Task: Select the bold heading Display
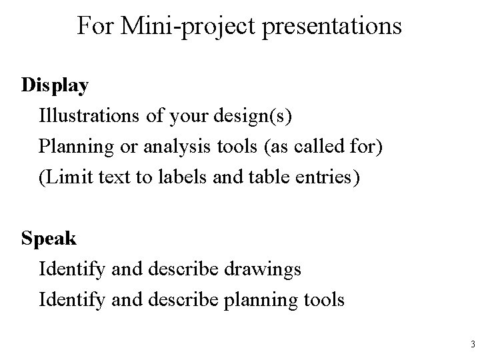[55, 86]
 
